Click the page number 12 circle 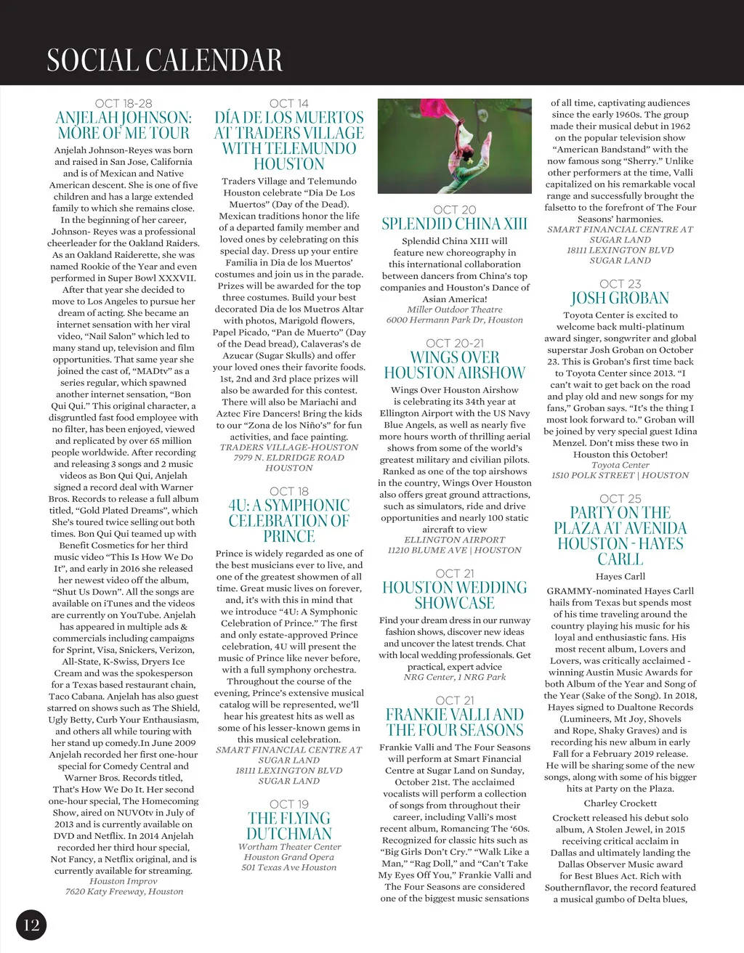point(31,925)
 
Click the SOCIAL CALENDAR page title point(164,60)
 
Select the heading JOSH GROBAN point(620,298)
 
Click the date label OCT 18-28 point(124,104)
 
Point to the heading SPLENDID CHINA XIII point(455,224)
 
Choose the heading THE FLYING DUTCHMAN point(289,826)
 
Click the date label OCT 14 point(289,104)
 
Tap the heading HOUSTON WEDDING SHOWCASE point(455,595)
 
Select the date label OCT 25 point(620,498)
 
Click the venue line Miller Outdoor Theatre point(455,309)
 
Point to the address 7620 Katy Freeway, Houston point(124,891)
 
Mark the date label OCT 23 point(620,284)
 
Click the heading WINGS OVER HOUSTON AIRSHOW point(455,365)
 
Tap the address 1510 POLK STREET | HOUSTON point(620,475)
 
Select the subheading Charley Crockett point(620,803)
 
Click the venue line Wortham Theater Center point(289,847)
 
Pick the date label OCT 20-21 point(455,344)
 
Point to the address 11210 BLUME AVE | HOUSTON point(455,550)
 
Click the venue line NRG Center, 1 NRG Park point(455,677)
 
